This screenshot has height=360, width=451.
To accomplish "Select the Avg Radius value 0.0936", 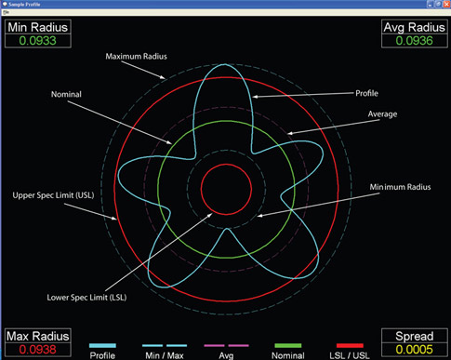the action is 414,41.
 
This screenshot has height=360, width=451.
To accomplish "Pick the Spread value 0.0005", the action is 414,349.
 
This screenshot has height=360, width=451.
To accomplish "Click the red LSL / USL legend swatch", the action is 351,344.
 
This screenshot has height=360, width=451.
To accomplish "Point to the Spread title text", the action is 414,335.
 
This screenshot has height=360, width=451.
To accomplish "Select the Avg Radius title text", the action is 414,27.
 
